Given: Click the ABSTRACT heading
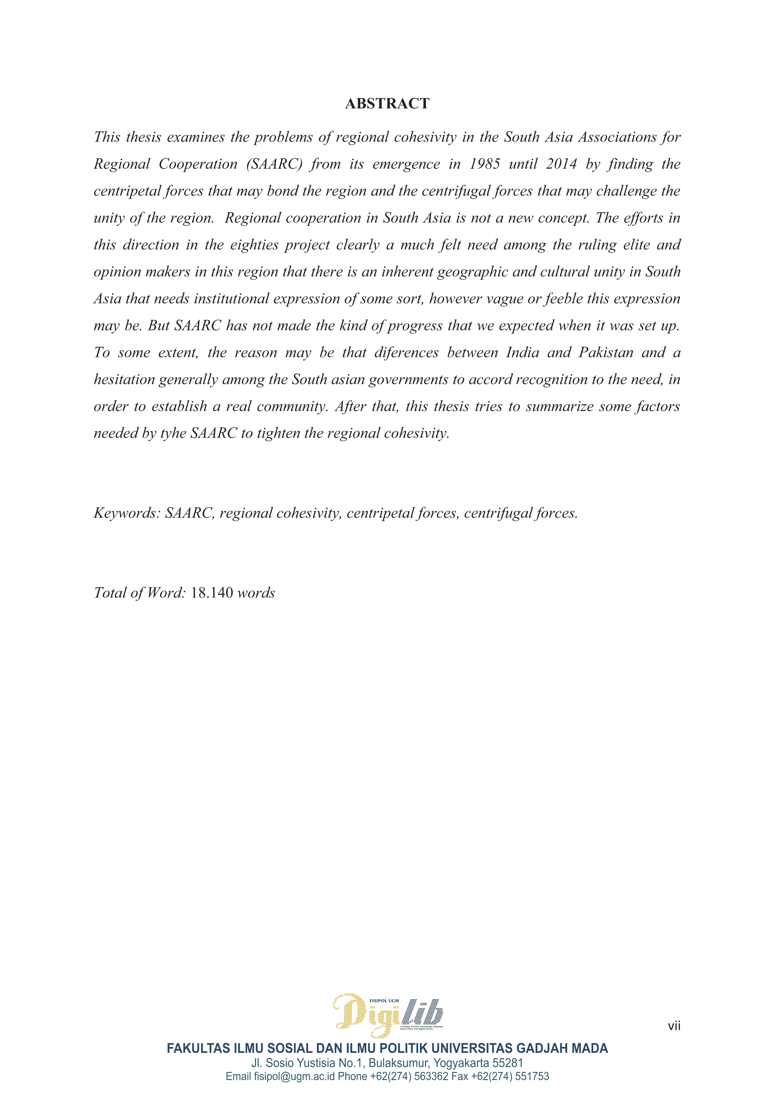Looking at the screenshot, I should coord(387,104).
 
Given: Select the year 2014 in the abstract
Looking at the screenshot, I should coord(562,164).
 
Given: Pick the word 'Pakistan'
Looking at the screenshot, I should coord(606,353).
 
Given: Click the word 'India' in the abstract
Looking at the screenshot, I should coord(522,353).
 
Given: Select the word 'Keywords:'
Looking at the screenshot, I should coord(127,513).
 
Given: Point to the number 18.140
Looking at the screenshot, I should coord(212,593).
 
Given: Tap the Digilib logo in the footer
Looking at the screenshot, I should coord(388,1014).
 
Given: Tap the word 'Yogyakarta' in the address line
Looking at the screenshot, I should coord(461,1063).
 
